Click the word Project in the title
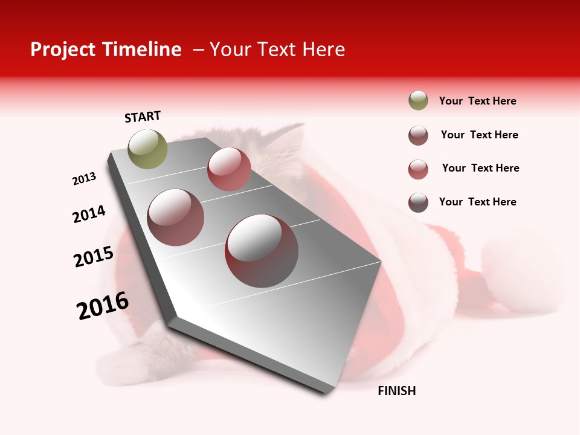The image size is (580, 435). [63, 50]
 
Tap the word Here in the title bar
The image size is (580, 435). [323, 50]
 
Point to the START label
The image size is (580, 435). [143, 117]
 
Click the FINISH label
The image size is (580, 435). [397, 391]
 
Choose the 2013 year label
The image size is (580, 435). [84, 179]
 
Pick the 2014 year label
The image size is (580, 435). [89, 214]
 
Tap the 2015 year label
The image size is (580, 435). [94, 257]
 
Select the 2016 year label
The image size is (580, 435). [103, 306]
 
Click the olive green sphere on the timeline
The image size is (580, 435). [147, 149]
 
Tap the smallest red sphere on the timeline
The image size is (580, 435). [229, 169]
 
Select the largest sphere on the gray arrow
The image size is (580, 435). [262, 251]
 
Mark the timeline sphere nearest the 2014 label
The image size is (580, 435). [176, 217]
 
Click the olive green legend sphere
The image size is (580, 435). [418, 101]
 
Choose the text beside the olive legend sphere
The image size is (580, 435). [477, 101]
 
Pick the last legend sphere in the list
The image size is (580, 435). [418, 202]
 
